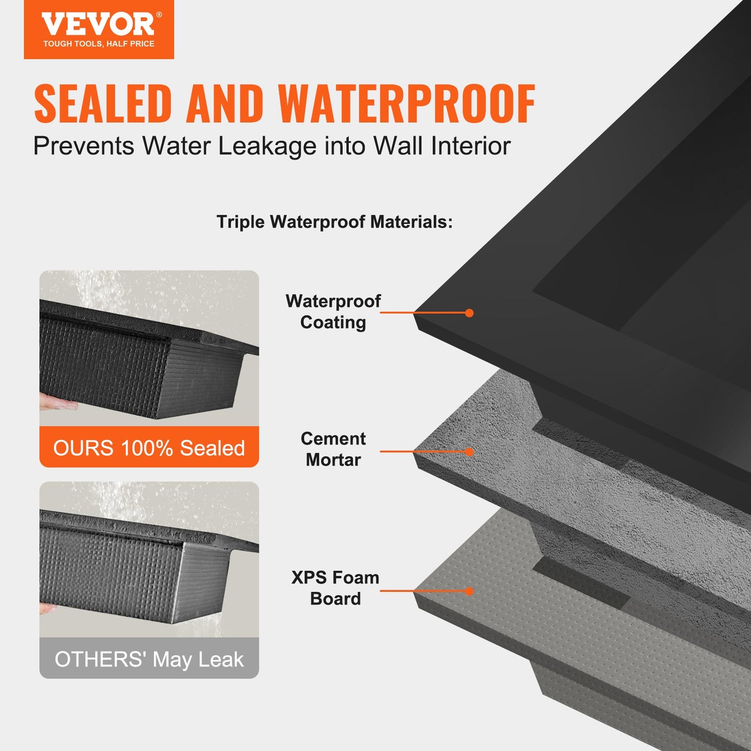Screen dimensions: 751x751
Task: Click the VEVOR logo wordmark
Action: (x=98, y=24)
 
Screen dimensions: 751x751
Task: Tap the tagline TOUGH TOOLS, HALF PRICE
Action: (x=99, y=44)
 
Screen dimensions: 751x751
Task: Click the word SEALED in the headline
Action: (x=102, y=104)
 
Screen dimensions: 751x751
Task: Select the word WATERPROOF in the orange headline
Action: (x=406, y=104)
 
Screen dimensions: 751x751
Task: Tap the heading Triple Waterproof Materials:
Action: (x=335, y=222)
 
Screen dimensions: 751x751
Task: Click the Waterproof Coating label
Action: (x=333, y=312)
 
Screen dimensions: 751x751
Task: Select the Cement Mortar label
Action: (x=333, y=449)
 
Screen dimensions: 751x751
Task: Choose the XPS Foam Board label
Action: (x=335, y=588)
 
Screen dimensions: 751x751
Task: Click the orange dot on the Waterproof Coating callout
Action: (x=469, y=313)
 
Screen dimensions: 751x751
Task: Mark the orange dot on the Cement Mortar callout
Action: (x=469, y=452)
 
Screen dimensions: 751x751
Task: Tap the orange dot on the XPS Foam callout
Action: (x=469, y=591)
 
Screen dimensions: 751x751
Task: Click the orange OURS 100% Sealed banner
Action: (x=149, y=447)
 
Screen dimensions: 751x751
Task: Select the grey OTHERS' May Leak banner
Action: (x=149, y=659)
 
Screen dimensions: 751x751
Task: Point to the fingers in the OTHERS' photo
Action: (x=48, y=608)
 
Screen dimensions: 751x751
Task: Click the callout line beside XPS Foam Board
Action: (x=424, y=591)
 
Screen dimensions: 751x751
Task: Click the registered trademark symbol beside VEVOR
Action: (x=159, y=15)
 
